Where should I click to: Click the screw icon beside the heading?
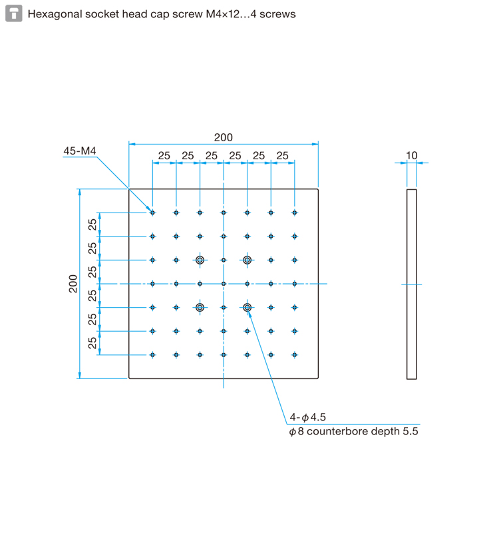click(x=14, y=13)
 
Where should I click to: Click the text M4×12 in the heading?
click(x=223, y=14)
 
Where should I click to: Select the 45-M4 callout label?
click(x=80, y=151)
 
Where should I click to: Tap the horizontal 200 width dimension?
click(x=224, y=137)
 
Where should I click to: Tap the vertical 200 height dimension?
click(x=73, y=284)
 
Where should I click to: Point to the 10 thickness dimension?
click(x=412, y=155)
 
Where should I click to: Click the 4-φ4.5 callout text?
click(x=307, y=417)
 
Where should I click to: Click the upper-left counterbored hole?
click(x=200, y=260)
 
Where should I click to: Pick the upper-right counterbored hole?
click(x=247, y=260)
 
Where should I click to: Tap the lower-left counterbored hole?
click(x=200, y=307)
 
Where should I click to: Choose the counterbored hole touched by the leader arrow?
click(x=247, y=307)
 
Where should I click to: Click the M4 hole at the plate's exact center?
click(x=224, y=284)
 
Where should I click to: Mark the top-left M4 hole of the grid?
click(x=153, y=213)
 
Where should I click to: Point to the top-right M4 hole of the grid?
click(x=295, y=213)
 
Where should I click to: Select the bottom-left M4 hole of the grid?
click(x=153, y=355)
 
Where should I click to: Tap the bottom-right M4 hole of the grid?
click(x=295, y=355)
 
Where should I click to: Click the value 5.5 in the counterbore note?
click(x=411, y=431)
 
